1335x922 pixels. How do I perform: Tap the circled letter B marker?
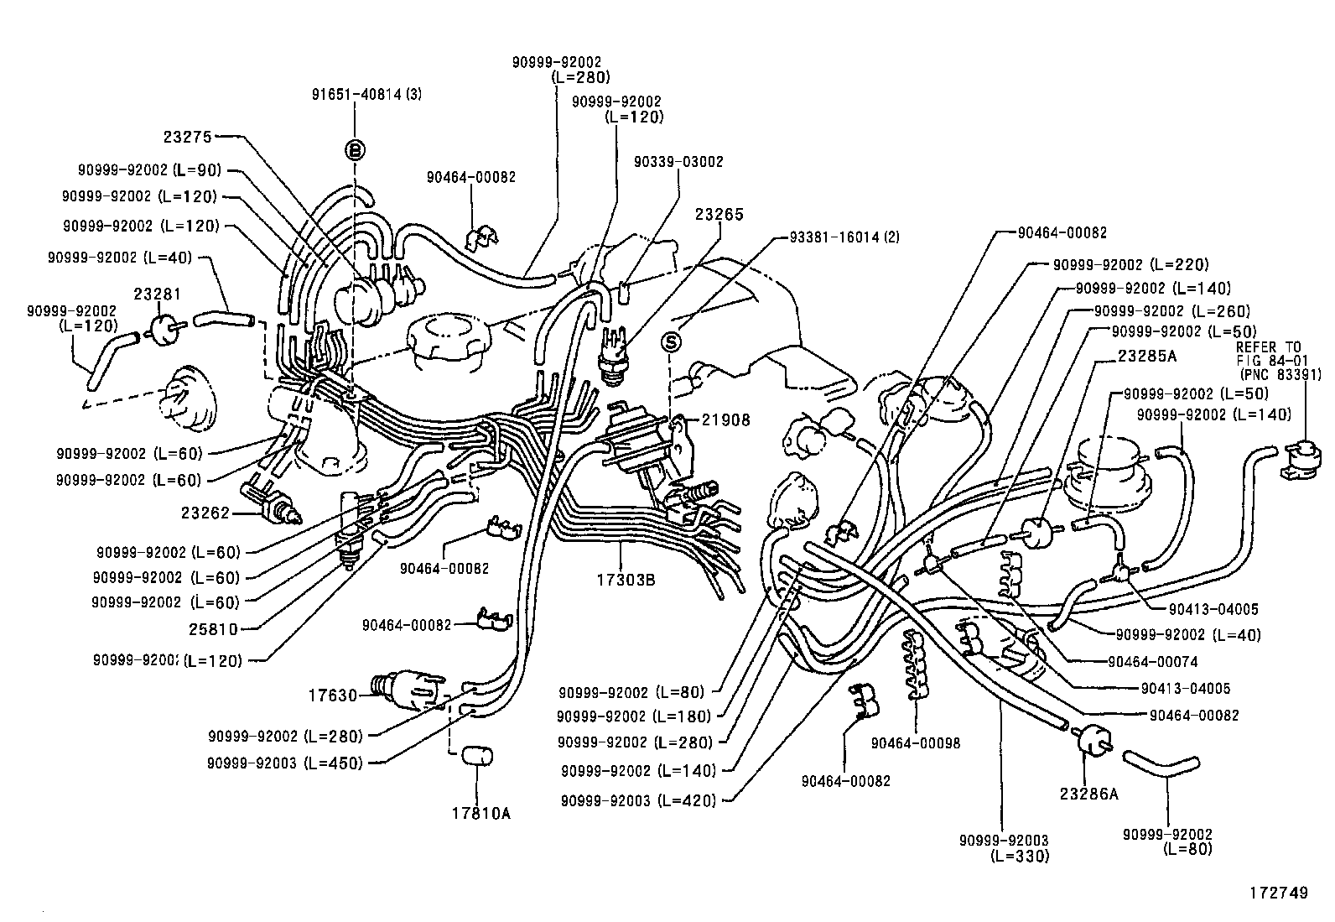click(356, 150)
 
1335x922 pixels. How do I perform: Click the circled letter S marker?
click(671, 341)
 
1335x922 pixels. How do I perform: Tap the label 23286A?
click(1088, 794)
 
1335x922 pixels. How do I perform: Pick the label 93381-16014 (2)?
click(844, 237)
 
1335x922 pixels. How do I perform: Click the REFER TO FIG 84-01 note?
click(1269, 360)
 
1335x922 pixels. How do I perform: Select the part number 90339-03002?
click(678, 161)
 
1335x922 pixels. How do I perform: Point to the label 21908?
click(726, 420)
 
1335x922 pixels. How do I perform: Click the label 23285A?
click(1146, 356)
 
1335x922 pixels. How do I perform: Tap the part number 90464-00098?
click(915, 742)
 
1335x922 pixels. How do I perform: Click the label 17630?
click(333, 695)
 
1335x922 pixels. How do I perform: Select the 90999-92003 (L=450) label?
click(286, 763)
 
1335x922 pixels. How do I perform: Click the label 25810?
click(213, 628)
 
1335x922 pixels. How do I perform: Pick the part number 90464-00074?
click(1152, 661)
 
